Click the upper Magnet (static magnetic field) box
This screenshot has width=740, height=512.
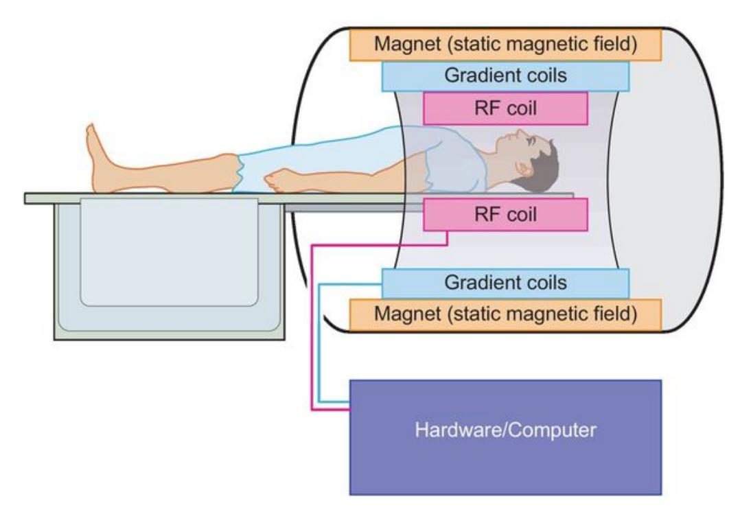(x=506, y=45)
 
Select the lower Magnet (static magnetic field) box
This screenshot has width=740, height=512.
(x=506, y=314)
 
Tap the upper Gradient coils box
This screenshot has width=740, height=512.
(x=506, y=75)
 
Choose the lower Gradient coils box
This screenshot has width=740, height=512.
(x=506, y=282)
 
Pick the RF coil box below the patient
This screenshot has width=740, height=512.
(x=506, y=214)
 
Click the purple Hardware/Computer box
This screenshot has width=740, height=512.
(x=506, y=437)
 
